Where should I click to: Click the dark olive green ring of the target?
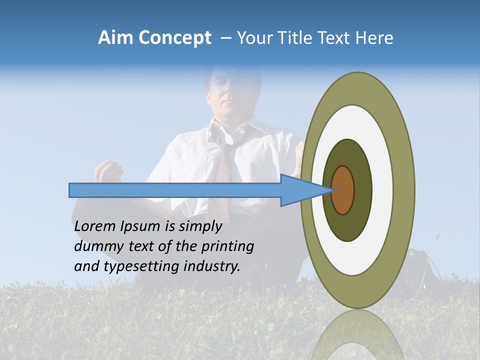362,190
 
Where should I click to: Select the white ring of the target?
382,190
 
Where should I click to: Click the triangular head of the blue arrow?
300,190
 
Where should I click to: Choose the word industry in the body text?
212,266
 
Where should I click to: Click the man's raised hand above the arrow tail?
109,172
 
